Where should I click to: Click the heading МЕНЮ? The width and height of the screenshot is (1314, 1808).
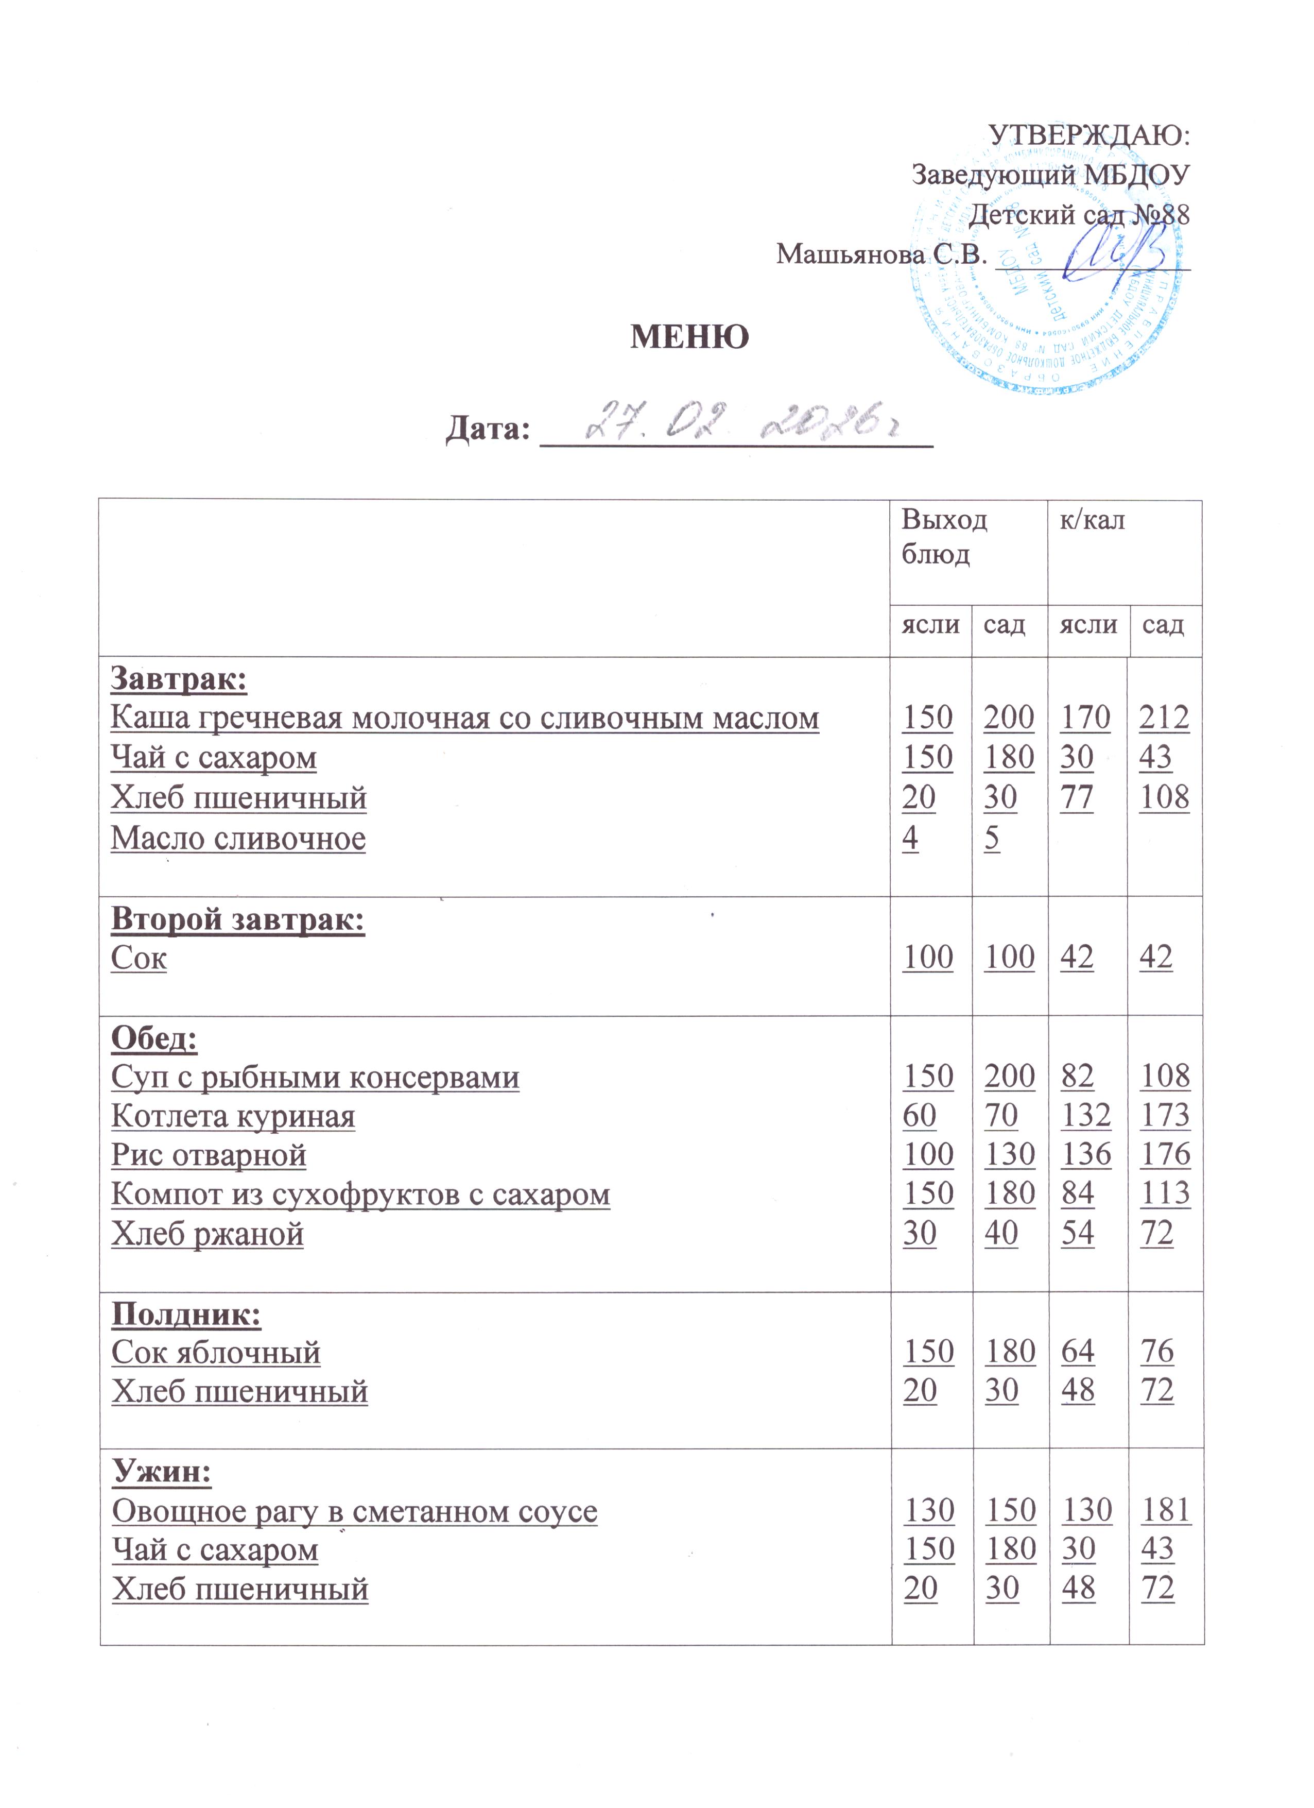(x=689, y=337)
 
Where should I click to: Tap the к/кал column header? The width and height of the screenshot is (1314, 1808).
(x=1092, y=521)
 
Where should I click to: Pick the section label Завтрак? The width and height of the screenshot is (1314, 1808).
(x=179, y=679)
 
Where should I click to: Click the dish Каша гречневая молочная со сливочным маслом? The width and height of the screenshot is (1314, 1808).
(x=464, y=718)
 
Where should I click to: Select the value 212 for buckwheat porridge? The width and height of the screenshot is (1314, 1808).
(x=1164, y=718)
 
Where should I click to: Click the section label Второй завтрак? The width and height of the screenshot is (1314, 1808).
(x=237, y=919)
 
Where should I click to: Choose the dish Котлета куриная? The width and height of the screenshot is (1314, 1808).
(x=233, y=1116)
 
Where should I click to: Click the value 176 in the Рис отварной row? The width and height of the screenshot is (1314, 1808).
(x=1165, y=1154)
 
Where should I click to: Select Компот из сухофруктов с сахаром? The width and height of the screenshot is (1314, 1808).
(x=360, y=1194)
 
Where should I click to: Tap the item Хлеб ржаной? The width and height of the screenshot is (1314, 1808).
(x=207, y=1233)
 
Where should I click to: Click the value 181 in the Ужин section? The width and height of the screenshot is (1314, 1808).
(x=1166, y=1510)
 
